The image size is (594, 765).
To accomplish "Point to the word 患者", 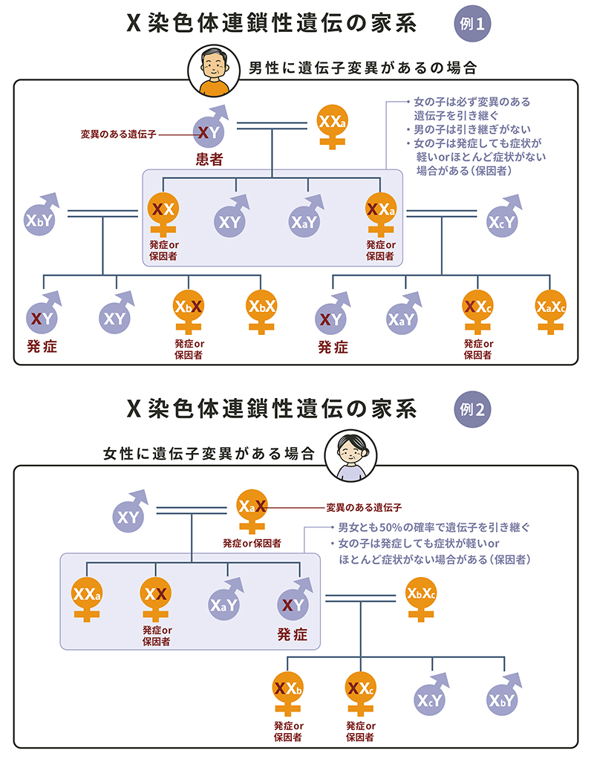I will click(210, 159).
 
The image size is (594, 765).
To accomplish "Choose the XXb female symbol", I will click(287, 689).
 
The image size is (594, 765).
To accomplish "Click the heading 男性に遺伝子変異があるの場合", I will click(362, 68).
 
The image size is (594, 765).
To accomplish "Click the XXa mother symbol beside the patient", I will click(331, 125).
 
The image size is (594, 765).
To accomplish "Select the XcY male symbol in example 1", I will click(503, 220).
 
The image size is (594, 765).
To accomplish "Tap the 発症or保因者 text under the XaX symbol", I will click(252, 544).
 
